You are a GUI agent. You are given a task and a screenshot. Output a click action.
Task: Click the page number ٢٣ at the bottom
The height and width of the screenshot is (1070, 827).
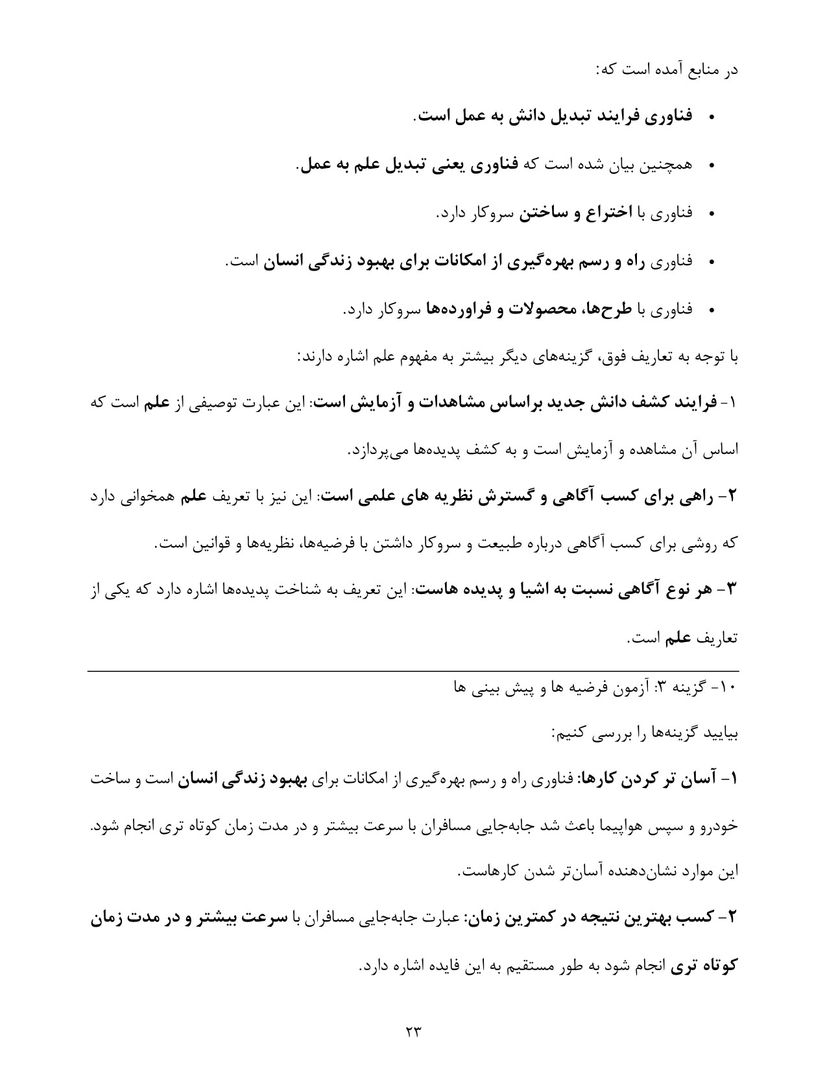pyautogui.click(x=413, y=1030)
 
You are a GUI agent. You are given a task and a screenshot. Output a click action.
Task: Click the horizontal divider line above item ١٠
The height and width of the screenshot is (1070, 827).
pyautogui.click(x=413, y=671)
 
